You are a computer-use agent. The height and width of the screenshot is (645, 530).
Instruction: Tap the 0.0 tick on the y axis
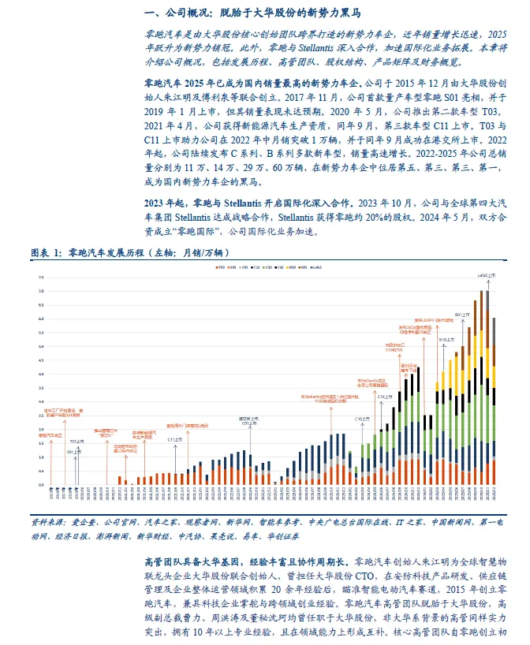pyautogui.click(x=42, y=484)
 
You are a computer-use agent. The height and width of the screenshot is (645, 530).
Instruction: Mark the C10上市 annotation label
pyautogui.click(x=362, y=418)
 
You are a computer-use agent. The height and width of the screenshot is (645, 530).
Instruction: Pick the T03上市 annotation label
pyautogui.click(x=77, y=442)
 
